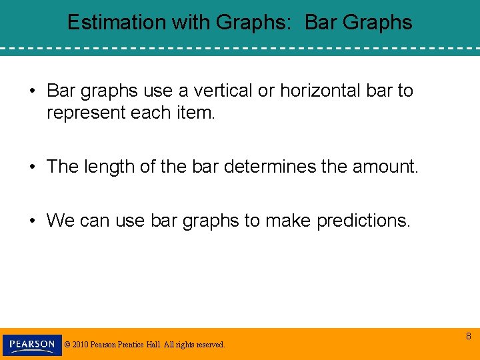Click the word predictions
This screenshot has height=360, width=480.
pos(363,221)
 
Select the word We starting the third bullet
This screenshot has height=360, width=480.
pos(59,221)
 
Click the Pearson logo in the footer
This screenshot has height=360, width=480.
pos(32,345)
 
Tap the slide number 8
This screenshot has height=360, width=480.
pos(468,337)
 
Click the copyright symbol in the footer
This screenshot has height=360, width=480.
pos(67,345)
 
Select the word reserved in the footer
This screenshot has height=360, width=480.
pos(209,345)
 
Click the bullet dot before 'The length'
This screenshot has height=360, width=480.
pos(33,167)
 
